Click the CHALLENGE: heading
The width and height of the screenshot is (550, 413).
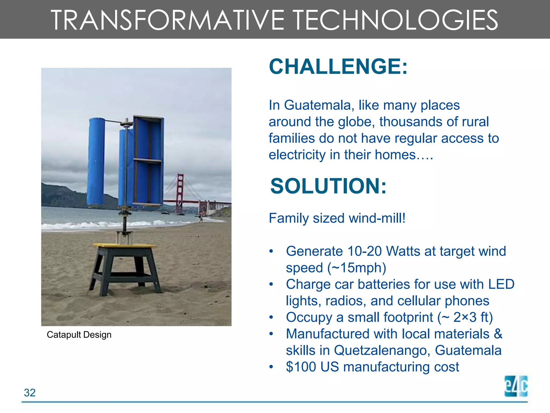tap(338, 67)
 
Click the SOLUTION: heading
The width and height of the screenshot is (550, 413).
tap(328, 186)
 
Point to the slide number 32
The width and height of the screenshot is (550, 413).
tap(30, 393)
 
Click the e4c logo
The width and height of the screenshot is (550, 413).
tap(516, 386)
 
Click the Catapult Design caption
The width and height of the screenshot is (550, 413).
tap(79, 335)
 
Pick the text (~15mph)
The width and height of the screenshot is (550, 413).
tap(357, 268)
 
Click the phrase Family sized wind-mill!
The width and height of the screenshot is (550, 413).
tap(337, 218)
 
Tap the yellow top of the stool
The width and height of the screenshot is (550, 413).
tap(125, 245)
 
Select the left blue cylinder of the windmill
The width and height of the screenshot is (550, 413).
tap(96, 161)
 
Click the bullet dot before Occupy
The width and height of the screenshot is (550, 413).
tap(271, 318)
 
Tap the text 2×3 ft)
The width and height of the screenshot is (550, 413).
tap(473, 317)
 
